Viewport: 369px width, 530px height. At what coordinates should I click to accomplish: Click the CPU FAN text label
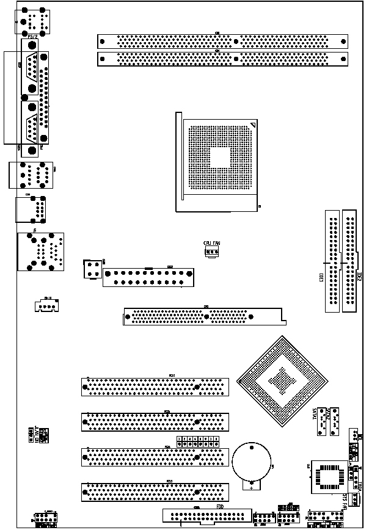click(211, 243)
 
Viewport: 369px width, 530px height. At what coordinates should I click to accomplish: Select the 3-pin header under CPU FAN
click(212, 251)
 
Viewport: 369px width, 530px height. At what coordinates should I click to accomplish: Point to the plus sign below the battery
click(250, 488)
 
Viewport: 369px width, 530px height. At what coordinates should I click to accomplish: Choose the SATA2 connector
click(333, 422)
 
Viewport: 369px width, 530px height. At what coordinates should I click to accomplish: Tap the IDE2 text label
click(359, 276)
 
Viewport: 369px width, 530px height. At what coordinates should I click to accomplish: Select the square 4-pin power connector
click(92, 269)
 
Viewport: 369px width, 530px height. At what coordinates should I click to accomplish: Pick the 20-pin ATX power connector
click(148, 277)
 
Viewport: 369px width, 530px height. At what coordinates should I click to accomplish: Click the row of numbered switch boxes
click(198, 440)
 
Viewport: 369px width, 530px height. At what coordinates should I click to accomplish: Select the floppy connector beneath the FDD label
click(206, 516)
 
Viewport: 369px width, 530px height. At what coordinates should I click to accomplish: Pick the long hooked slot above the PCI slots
click(202, 315)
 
